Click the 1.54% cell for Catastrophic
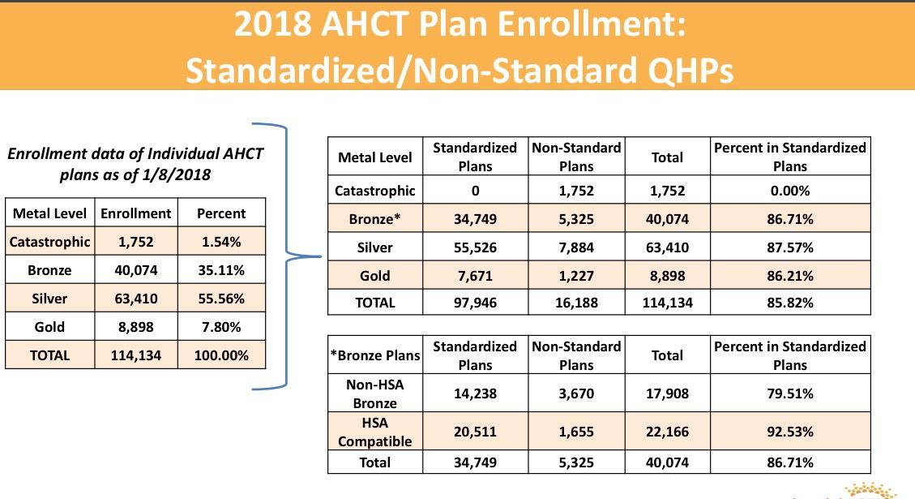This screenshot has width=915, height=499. [220, 242]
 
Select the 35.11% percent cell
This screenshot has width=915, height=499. [220, 270]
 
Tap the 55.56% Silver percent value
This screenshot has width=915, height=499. [220, 299]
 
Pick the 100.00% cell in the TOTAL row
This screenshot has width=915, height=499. [220, 355]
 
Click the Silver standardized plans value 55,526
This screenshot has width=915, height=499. [475, 247]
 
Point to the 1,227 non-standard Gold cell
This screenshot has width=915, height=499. [576, 276]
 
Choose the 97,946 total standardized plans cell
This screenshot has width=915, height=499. [475, 303]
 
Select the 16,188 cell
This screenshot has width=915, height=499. [576, 303]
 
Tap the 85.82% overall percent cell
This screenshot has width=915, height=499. [790, 303]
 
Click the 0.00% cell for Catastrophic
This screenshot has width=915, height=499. [790, 191]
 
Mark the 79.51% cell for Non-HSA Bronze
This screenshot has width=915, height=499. [790, 394]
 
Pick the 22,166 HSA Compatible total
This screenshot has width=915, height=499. [667, 432]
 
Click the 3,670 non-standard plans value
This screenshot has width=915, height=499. [576, 394]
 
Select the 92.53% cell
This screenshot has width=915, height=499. [790, 432]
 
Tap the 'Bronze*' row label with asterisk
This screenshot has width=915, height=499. [375, 219]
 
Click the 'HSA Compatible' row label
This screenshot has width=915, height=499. [375, 432]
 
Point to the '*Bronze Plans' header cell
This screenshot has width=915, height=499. [375, 355]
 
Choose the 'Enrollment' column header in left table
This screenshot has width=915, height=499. [135, 213]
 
